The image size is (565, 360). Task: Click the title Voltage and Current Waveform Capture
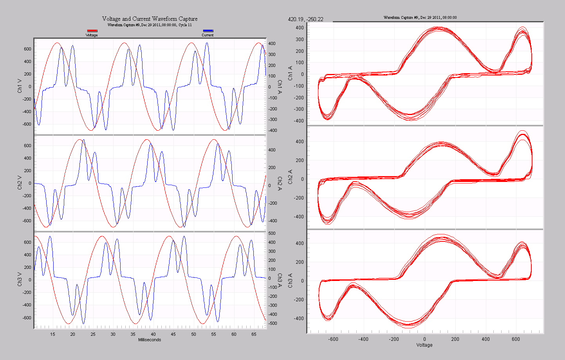click(150, 19)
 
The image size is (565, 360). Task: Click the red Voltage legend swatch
click(92, 31)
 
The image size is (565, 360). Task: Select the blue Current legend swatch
click(208, 31)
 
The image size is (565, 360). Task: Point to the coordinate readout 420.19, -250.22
click(305, 19)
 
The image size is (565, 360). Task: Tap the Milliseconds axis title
click(150, 340)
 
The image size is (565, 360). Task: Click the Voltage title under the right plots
click(424, 345)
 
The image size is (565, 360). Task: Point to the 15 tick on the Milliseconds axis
click(52, 334)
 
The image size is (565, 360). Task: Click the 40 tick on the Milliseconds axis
click(153, 334)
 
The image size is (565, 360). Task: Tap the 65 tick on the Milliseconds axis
click(254, 334)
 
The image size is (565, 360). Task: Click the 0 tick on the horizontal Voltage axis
click(424, 339)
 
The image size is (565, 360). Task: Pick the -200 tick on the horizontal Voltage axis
click(394, 339)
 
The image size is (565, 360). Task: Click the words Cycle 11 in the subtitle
click(185, 25)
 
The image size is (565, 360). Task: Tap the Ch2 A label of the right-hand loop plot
click(291, 177)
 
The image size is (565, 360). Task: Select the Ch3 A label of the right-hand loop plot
click(291, 281)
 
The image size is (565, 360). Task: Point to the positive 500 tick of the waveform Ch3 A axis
click(272, 233)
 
